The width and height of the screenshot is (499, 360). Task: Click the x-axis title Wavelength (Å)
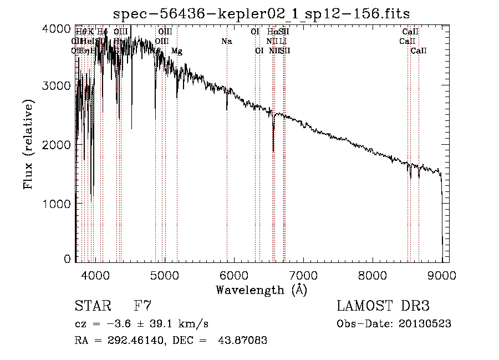tap(261, 290)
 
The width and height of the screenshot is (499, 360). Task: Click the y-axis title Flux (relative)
tap(28, 144)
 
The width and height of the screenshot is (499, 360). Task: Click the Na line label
tap(226, 42)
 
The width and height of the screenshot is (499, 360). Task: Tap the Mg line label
tap(177, 51)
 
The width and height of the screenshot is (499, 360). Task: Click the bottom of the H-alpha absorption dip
tap(273, 150)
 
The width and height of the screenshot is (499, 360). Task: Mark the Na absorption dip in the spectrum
tap(227, 109)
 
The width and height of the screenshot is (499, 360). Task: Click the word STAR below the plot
tap(91, 306)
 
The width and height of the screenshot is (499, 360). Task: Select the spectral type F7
tap(142, 306)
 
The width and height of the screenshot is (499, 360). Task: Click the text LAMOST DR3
tap(383, 306)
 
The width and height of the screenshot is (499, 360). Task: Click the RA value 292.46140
tap(131, 341)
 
